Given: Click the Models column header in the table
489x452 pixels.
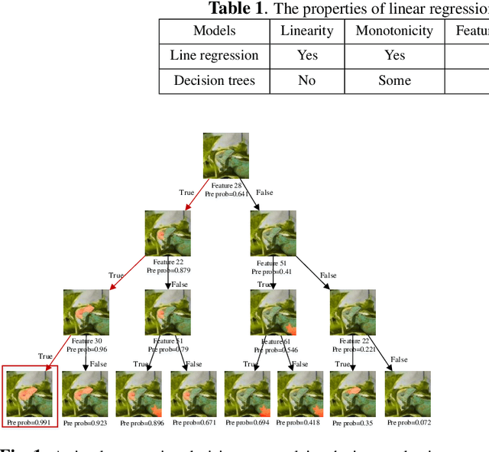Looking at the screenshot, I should point(214,31).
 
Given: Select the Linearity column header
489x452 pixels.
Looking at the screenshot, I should point(306,31).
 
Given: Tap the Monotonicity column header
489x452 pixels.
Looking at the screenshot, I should point(394,31).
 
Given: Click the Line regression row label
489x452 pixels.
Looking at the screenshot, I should point(214,55).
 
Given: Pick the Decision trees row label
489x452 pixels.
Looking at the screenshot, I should point(214,80).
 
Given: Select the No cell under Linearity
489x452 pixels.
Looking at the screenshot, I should point(306,80).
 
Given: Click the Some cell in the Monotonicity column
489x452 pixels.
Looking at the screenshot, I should point(394,80).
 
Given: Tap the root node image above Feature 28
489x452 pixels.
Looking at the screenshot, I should point(226,156).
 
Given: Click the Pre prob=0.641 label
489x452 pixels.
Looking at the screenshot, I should point(227,194).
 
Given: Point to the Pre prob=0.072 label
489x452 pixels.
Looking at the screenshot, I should point(408,422).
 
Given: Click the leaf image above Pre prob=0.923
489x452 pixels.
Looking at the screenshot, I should point(84,393).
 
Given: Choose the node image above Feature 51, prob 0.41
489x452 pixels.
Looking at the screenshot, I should point(274,234).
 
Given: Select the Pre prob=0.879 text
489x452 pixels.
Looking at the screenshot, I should point(167,270).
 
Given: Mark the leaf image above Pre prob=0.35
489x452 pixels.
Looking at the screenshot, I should point(353,393).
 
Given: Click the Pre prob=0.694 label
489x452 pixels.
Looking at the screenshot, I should point(246,422).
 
